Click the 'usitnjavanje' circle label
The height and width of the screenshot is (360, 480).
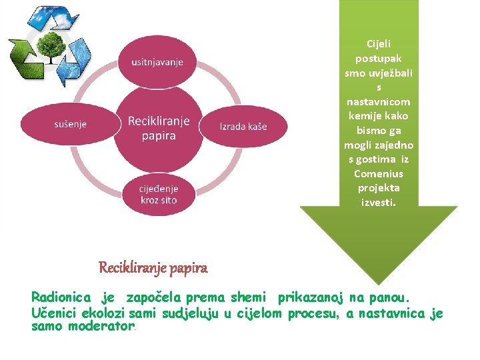158,62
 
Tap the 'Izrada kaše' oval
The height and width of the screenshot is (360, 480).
244,126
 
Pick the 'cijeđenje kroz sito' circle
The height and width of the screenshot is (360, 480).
159,194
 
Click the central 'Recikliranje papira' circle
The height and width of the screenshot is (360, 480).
159,127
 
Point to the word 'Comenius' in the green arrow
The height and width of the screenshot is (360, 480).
378,173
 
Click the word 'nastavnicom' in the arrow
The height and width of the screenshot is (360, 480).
378,101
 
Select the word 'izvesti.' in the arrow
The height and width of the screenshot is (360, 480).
378,202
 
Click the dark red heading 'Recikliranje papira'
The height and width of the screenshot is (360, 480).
153,268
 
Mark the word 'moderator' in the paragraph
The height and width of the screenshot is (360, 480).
101,327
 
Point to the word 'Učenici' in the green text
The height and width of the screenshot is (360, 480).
54,313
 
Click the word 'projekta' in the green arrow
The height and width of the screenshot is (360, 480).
378,188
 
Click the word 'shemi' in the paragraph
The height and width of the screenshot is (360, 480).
250,296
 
